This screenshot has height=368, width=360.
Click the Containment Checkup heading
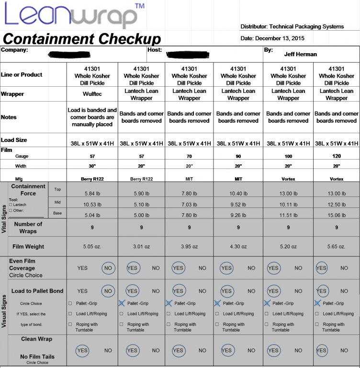(82, 39)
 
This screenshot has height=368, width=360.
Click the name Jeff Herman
(300, 54)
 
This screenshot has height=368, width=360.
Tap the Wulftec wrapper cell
(92, 94)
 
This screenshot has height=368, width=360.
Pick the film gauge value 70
(189, 156)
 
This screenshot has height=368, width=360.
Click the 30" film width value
(92, 166)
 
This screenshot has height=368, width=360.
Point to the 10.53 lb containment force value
(92, 203)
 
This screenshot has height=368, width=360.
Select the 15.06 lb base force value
(336, 214)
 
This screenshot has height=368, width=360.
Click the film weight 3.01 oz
(141, 247)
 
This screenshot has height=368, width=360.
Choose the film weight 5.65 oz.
(336, 247)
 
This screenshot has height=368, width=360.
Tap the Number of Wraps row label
(28, 227)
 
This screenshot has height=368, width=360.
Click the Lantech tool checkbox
(11, 205)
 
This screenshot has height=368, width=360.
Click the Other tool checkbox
(11, 211)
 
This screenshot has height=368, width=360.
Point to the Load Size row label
(14, 140)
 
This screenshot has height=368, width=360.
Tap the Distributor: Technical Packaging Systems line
(292, 27)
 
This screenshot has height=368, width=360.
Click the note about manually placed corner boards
(92, 117)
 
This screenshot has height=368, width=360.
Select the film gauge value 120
(336, 156)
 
